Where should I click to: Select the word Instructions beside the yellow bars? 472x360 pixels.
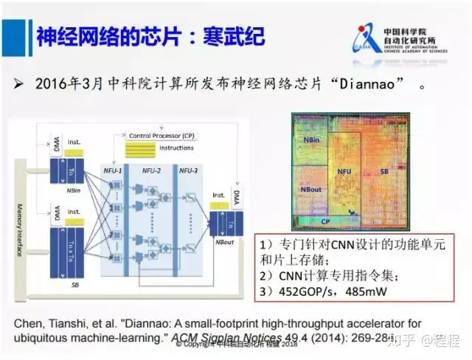coord(177,148)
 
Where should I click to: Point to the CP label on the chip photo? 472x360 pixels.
coord(324,221)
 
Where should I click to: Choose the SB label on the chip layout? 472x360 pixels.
coord(384,171)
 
